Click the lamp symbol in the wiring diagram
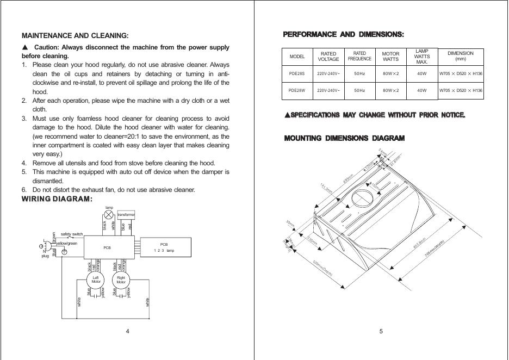(x=109, y=215)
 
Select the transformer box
(x=126, y=215)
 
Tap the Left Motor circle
(x=96, y=280)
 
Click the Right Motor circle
(x=121, y=280)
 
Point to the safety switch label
(x=72, y=234)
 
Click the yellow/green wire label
(x=67, y=243)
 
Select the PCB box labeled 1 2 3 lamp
(x=164, y=247)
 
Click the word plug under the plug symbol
(x=45, y=256)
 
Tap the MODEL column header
(x=297, y=57)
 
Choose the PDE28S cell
(x=297, y=73)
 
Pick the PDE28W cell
(x=297, y=91)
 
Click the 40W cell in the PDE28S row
(x=421, y=73)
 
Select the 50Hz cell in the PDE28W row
(x=359, y=91)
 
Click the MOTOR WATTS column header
(x=390, y=57)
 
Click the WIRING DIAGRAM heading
(x=57, y=199)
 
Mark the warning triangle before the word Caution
(x=25, y=47)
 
